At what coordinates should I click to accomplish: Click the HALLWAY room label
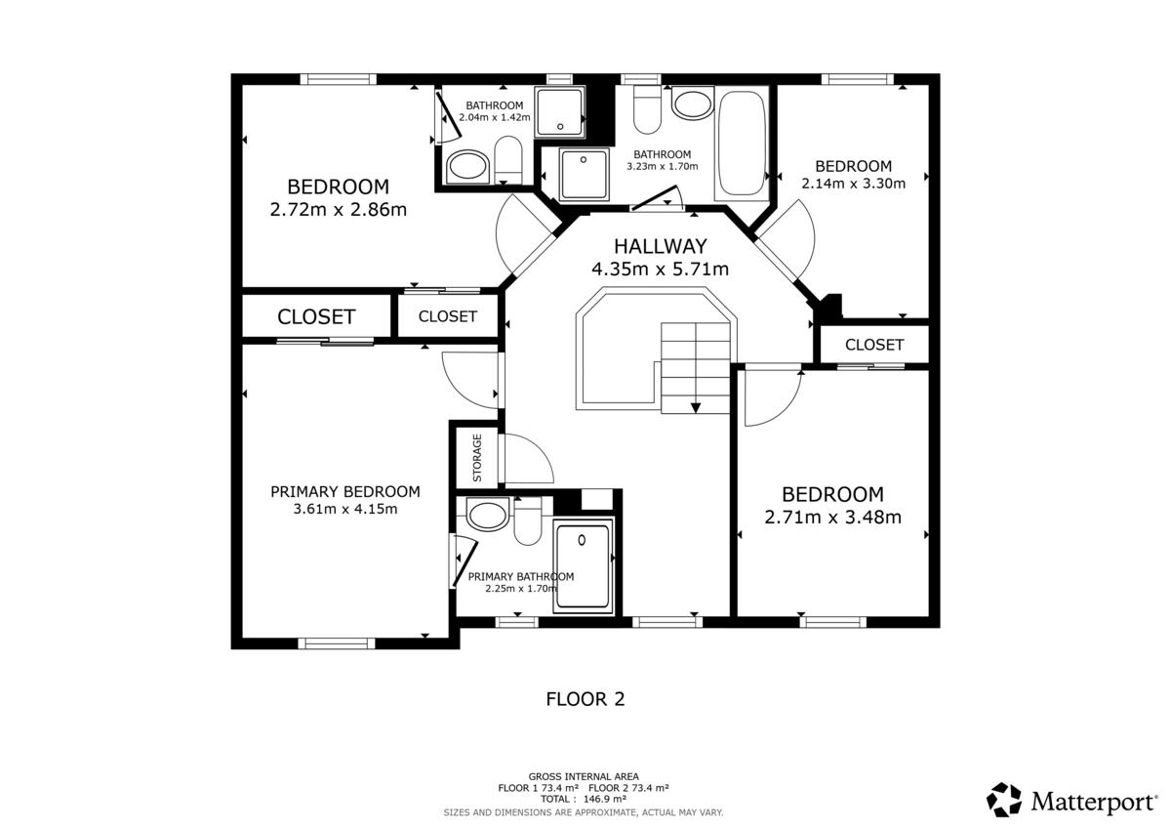[x=660, y=246]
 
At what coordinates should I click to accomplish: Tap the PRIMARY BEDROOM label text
[x=345, y=492]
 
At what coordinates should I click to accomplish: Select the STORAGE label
[x=477, y=458]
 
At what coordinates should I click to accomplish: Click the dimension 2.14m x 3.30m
[x=853, y=184]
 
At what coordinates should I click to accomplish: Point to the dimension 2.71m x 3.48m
[x=832, y=518]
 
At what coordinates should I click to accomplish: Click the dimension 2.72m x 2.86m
[x=339, y=210]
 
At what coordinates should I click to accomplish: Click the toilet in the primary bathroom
[x=528, y=521]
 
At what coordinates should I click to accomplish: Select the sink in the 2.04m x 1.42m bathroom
[x=467, y=167]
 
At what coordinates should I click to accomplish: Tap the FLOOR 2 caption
[x=585, y=699]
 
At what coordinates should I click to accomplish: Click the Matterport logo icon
[x=1004, y=800]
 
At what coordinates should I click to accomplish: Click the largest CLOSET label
[x=316, y=317]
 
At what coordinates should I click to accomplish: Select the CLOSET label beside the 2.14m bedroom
[x=874, y=345]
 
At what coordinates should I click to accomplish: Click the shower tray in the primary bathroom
[x=583, y=567]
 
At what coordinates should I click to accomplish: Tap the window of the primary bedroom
[x=336, y=643]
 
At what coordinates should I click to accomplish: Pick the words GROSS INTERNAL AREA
[x=584, y=776]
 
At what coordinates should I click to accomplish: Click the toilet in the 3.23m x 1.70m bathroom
[x=647, y=109]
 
